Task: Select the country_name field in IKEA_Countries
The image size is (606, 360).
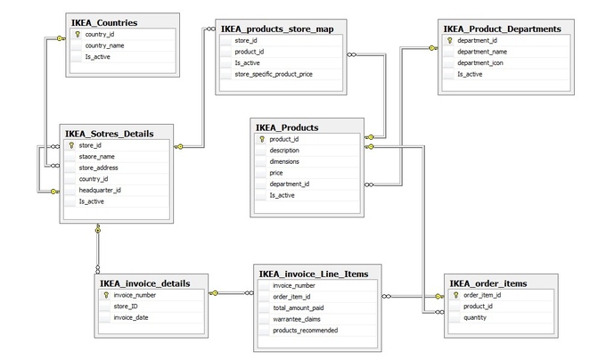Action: pyautogui.click(x=104, y=45)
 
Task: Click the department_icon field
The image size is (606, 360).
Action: pyautogui.click(x=480, y=63)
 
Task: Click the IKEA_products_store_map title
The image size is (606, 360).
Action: pyautogui.click(x=277, y=29)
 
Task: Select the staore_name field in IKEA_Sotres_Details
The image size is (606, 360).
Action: pyautogui.click(x=97, y=156)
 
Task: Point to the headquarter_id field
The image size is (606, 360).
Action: pyautogui.click(x=99, y=190)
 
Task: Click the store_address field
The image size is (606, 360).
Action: pyautogui.click(x=98, y=168)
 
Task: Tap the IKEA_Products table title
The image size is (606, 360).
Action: pyautogui.click(x=287, y=127)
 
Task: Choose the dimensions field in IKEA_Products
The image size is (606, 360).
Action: pyautogui.click(x=284, y=162)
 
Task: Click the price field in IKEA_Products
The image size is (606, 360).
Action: pyautogui.click(x=276, y=173)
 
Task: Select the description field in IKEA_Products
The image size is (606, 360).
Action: pyautogui.click(x=285, y=151)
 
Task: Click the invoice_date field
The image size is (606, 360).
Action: pyautogui.click(x=132, y=317)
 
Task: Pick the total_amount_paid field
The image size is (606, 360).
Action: pyautogui.click(x=299, y=307)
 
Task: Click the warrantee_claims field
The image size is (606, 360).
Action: pyautogui.click(x=297, y=319)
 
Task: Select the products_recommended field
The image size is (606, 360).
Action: pyautogui.click(x=305, y=331)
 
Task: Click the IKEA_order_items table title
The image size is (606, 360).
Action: pyautogui.click(x=488, y=283)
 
